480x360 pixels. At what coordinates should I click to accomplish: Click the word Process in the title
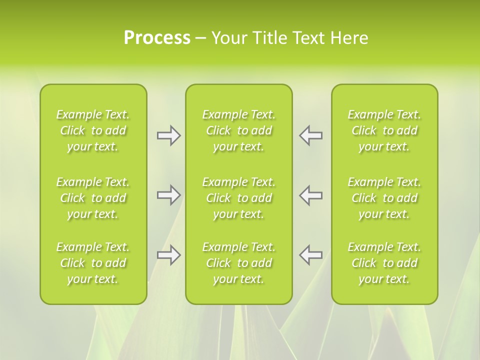tap(157, 38)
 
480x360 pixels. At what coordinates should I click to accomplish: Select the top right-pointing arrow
tap(168, 135)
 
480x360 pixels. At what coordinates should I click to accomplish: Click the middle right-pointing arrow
tap(168, 195)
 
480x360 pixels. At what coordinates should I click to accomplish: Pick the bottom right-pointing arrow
tap(168, 255)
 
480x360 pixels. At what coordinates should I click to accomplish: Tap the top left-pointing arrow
tap(311, 135)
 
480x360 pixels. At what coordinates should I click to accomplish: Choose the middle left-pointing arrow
tap(311, 195)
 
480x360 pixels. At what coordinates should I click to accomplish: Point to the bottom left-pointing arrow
tap(311, 255)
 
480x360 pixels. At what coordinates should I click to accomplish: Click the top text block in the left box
tap(93, 130)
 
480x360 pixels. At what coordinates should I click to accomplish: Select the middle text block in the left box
tap(93, 198)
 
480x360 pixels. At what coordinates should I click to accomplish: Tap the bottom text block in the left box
tap(93, 263)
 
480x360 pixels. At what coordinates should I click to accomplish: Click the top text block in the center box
tap(238, 130)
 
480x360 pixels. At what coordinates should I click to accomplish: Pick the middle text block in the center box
tap(238, 198)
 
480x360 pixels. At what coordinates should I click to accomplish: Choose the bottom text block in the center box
tap(238, 263)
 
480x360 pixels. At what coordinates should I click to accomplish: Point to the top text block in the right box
tap(384, 130)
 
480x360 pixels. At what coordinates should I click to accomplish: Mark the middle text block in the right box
tap(384, 198)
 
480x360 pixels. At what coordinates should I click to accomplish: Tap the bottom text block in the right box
tap(384, 263)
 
